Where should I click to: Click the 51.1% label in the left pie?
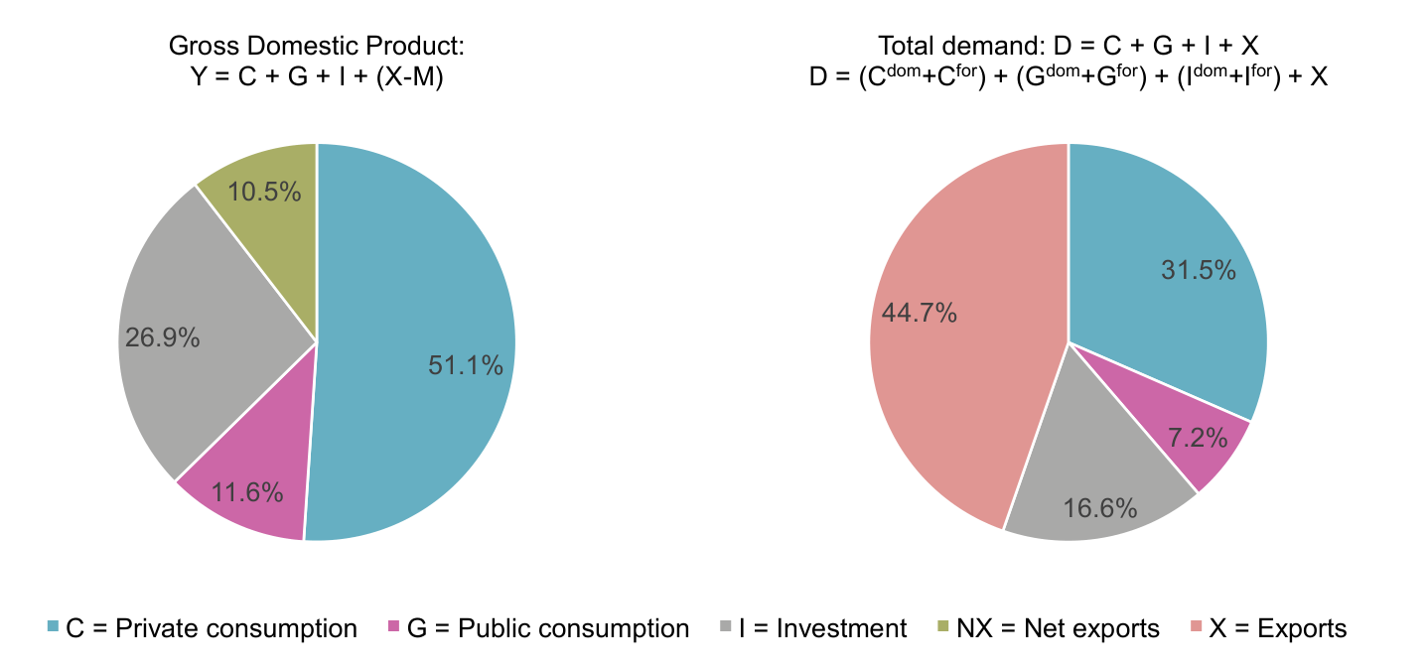465,365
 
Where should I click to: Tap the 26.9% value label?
163,337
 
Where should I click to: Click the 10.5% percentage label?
264,192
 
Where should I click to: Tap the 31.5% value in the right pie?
1199,270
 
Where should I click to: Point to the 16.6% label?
1099,509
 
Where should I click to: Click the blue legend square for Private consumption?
54,628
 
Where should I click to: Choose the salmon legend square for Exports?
1196,628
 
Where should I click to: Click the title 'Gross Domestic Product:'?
317,46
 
